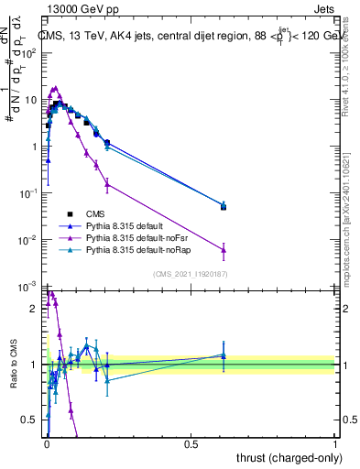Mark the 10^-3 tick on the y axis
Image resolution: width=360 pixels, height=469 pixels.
30,288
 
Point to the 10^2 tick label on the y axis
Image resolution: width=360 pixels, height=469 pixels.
30,52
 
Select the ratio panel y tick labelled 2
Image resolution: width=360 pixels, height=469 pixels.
36,309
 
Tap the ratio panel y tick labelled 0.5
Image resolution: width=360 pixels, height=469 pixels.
33,420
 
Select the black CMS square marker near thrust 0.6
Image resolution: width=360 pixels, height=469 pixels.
224,207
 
